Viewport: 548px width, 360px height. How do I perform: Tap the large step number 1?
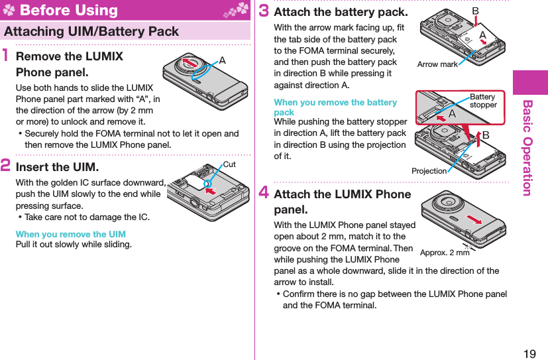click(x=8, y=58)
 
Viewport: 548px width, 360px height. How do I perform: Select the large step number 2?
click(x=8, y=166)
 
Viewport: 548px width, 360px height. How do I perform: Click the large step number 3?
click(x=263, y=12)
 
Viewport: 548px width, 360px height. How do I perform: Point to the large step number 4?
click(x=263, y=194)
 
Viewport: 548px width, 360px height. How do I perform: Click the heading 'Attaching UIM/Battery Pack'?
click(x=91, y=31)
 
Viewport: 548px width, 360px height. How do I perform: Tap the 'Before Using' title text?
click(x=69, y=10)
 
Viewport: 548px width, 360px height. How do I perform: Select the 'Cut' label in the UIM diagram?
click(x=229, y=164)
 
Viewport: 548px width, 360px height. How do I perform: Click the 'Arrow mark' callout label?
click(x=437, y=64)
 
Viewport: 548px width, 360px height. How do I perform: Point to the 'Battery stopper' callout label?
click(x=483, y=101)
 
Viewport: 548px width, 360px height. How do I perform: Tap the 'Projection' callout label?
click(x=429, y=171)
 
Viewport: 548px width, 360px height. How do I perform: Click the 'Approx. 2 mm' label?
click(x=445, y=253)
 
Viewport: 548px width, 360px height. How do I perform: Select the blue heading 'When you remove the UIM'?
click(x=70, y=234)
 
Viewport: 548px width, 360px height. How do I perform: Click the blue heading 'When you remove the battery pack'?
click(x=335, y=107)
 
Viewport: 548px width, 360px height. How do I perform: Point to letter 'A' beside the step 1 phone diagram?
click(x=222, y=60)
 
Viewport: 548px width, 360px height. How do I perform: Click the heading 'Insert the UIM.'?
click(x=57, y=166)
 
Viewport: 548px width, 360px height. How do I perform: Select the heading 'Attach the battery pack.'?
click(x=341, y=12)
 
